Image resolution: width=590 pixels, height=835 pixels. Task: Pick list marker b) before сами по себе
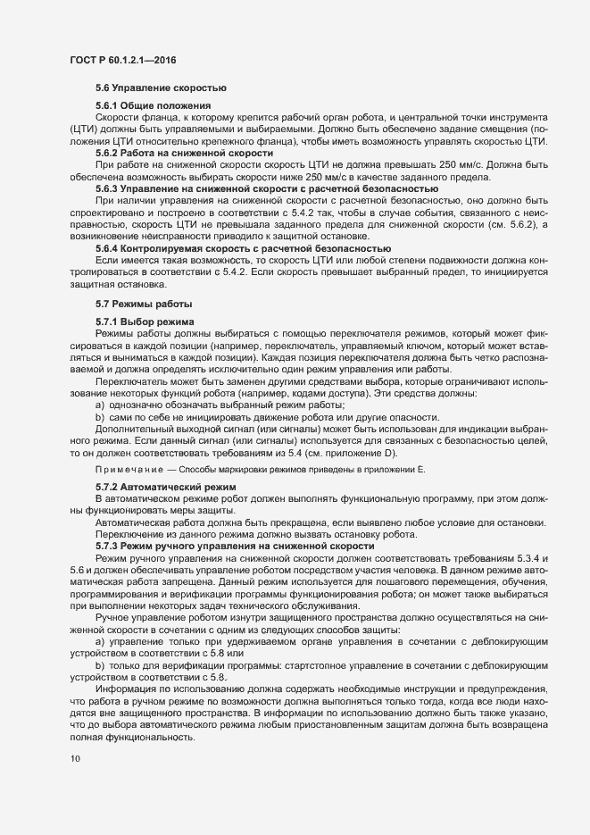click(101, 418)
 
